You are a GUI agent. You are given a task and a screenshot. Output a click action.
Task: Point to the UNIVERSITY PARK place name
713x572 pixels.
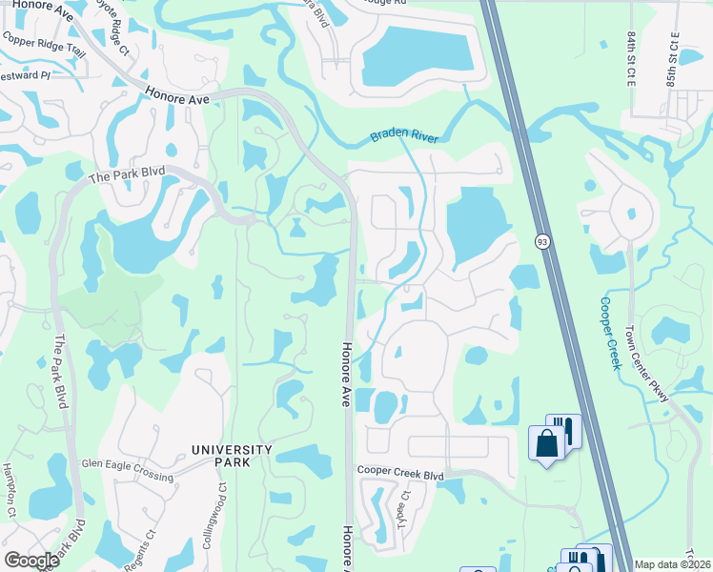tap(232, 456)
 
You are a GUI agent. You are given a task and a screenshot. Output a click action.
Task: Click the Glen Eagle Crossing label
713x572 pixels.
tap(127, 464)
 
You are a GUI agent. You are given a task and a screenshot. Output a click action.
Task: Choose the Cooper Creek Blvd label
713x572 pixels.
tap(401, 472)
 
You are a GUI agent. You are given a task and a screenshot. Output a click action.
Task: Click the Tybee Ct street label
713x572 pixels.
tap(404, 510)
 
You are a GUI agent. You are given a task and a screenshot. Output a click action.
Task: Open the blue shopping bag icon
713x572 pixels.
tap(546, 443)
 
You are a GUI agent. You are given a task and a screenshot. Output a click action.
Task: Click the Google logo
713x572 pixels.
tap(31, 560)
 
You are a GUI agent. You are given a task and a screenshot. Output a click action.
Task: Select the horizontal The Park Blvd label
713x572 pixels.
tap(127, 174)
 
